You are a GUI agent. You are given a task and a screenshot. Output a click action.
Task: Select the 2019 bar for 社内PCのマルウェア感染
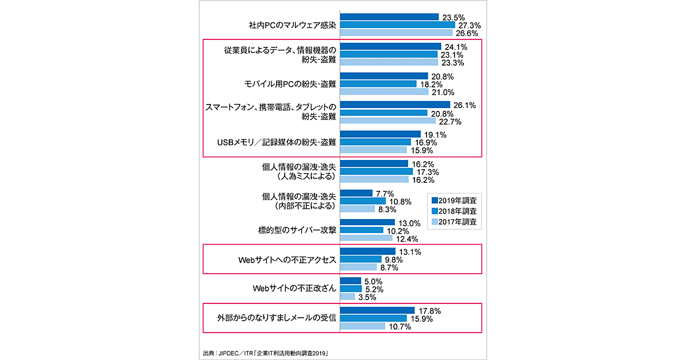pos(389,17)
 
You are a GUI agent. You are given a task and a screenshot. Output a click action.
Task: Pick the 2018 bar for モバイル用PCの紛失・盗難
pos(378,84)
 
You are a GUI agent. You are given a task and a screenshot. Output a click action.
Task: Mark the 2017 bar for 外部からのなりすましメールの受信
pos(362,326)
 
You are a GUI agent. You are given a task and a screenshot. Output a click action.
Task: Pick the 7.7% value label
pos(383,194)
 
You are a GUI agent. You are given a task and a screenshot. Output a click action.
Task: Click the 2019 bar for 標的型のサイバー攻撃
pos(368,222)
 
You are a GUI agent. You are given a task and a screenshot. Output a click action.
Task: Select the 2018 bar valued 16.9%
pos(376,142)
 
